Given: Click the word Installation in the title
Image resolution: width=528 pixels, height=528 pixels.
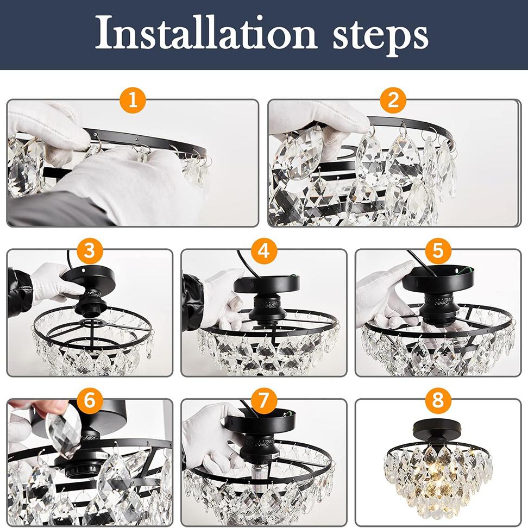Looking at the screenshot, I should click(x=205, y=34).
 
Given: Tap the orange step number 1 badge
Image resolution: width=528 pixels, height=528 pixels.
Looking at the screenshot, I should click(x=133, y=101).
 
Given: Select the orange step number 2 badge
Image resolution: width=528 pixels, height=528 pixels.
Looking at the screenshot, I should click(x=393, y=101).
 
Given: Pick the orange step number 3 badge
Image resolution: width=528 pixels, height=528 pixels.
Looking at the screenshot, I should click(x=90, y=252).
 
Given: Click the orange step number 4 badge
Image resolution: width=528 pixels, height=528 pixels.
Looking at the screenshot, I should click(x=264, y=252).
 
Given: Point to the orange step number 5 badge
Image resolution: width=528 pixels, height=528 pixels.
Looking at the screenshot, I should click(x=438, y=252).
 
